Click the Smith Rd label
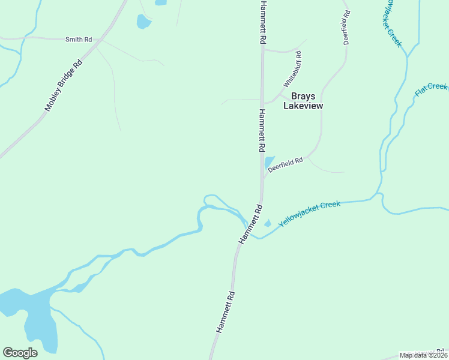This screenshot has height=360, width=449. tap(79, 40)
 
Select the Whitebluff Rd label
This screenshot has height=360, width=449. tap(292, 69)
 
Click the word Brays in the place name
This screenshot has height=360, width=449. tap(303, 95)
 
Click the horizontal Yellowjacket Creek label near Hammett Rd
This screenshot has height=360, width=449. tap(309, 213)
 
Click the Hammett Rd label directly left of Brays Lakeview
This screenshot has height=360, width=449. tap(262, 130)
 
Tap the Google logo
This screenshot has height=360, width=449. tap(20, 353)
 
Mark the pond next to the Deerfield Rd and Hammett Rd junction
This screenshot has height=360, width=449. tap(269, 163)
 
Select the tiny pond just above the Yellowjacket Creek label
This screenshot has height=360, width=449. tap(268, 224)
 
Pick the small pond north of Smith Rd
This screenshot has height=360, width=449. tap(143, 23)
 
